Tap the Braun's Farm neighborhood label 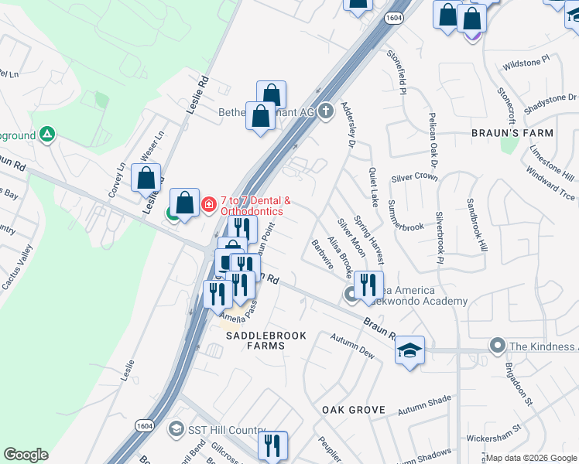click(512, 133)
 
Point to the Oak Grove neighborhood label click(348, 408)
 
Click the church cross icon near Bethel click(325, 111)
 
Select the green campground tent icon click(47, 135)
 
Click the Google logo click(26, 455)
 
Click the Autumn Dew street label click(352, 345)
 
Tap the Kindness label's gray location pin click(497, 345)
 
